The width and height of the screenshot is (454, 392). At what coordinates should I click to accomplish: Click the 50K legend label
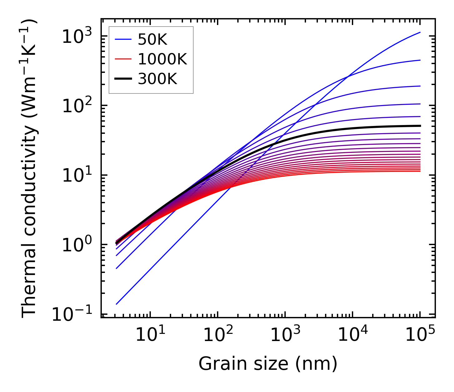tap(153, 40)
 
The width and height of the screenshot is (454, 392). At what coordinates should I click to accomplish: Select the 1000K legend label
tap(162, 59)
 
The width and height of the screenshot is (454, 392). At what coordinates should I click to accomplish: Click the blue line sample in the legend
tap(123, 40)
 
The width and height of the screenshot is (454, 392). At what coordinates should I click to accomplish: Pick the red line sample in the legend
tap(123, 59)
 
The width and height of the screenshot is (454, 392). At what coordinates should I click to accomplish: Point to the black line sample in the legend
tap(123, 79)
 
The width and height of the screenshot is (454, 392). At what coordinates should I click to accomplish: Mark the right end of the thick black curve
tap(420, 126)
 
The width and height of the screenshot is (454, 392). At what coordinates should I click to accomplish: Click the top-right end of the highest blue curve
tap(420, 32)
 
